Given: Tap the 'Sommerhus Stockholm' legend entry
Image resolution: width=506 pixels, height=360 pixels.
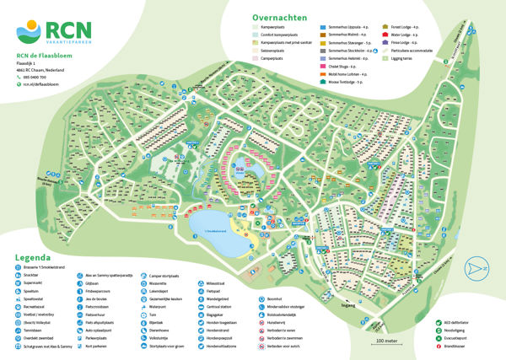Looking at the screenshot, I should (347, 49).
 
